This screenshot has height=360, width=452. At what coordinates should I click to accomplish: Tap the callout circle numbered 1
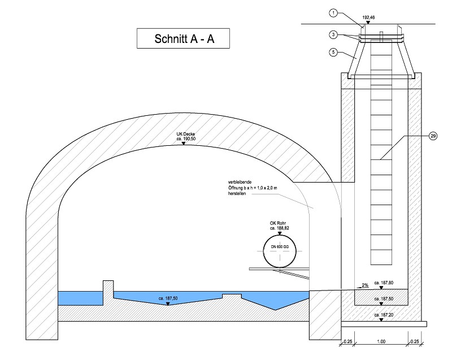334,12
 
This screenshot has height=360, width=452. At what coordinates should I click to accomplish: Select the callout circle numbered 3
334,34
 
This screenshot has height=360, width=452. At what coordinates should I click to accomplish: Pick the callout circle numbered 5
334,53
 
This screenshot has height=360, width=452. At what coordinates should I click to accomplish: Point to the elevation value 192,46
368,18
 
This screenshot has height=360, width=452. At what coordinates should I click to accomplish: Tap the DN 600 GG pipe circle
280,250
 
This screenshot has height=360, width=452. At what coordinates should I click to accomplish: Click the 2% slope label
364,285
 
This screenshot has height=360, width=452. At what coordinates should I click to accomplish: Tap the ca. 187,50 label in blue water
168,298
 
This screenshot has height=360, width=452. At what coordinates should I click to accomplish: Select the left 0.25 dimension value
348,341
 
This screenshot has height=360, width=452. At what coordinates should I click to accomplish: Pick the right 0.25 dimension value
415,341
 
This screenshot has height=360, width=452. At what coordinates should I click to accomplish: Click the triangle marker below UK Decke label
184,144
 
